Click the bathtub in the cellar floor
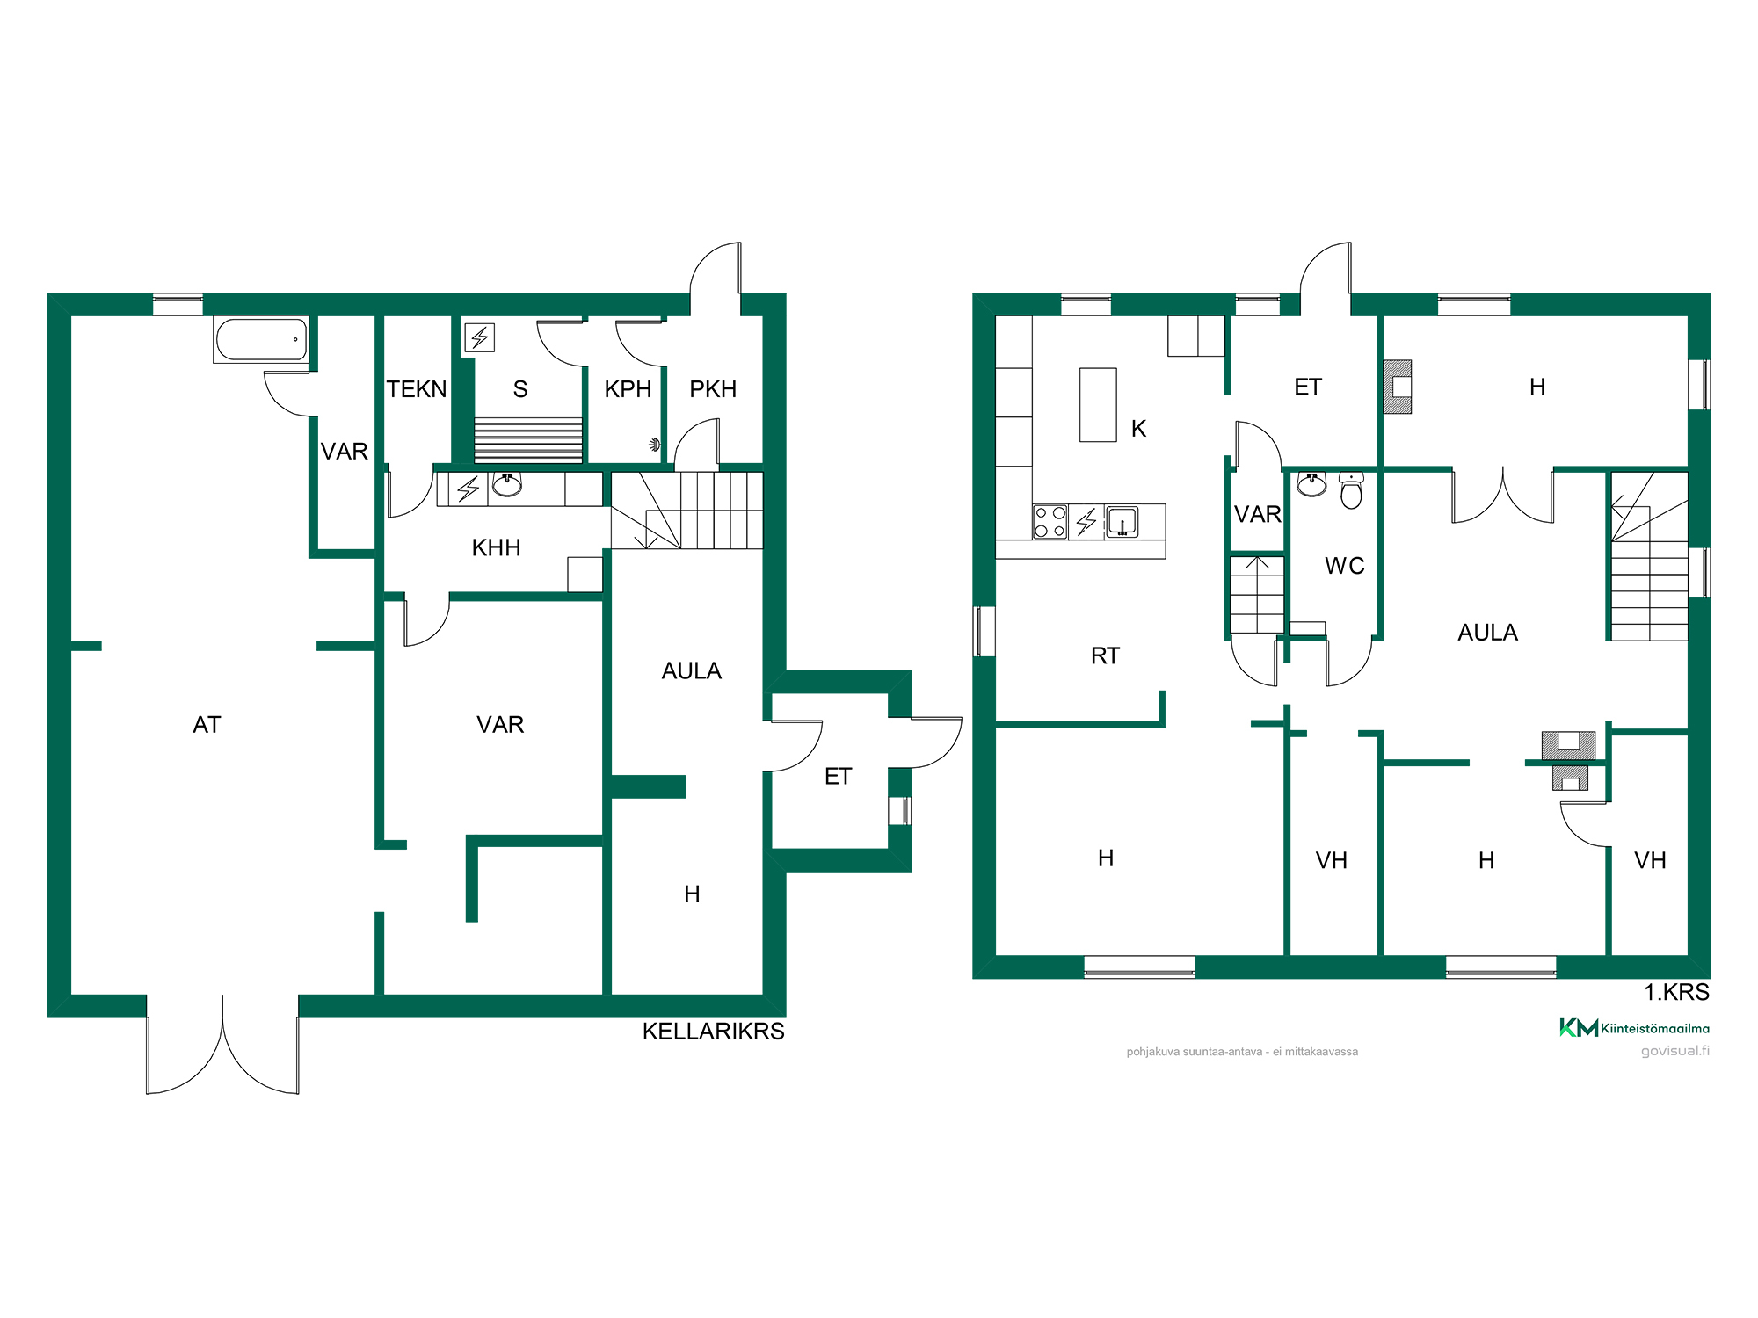coord(261,340)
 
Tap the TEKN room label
coord(417,389)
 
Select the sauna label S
coord(520,389)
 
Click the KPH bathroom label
coord(628,389)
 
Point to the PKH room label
coord(713,389)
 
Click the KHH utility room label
coord(497,548)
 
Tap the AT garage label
coord(207,725)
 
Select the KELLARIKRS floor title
coord(714,1032)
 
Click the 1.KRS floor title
coord(1677,992)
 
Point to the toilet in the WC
coord(1351,490)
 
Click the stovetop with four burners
coord(1050,521)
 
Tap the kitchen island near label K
coord(1098,405)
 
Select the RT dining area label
coord(1105,656)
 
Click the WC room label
coord(1345,566)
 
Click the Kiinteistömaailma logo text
coord(1655,1028)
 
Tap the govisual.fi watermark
coord(1675,1051)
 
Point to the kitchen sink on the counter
coord(1122,521)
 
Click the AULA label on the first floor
coord(1487,633)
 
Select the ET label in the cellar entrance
coord(838,777)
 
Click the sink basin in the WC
coord(1311,483)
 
